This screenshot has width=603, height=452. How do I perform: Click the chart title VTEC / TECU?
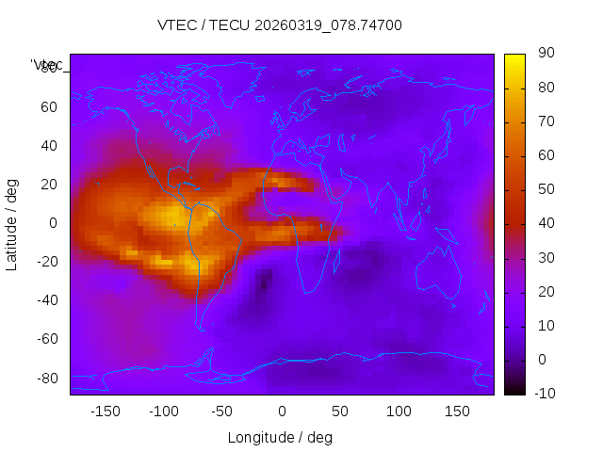(279, 25)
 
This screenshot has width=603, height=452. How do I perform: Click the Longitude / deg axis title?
(280, 437)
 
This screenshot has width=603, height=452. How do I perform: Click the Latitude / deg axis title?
(12, 223)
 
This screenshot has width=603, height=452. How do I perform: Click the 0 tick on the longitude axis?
(281, 412)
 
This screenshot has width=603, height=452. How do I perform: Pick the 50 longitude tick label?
(339, 412)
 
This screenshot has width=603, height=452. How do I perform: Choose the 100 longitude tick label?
(398, 412)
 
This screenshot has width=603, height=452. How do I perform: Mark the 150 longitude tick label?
(456, 412)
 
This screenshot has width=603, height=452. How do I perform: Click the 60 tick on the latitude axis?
(48, 106)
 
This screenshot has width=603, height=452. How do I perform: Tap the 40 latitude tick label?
(48, 145)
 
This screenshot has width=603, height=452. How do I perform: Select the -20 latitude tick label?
(45, 262)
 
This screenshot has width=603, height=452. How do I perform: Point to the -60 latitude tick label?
(45, 339)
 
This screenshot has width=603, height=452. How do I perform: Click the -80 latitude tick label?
(45, 378)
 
